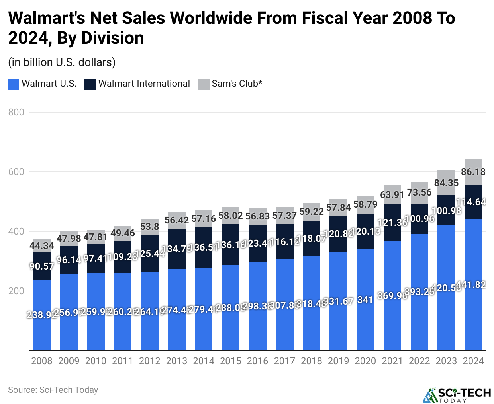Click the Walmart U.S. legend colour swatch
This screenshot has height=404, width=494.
coord(14,84)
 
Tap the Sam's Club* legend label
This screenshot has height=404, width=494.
coord(237,84)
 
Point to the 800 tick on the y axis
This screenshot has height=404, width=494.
coord(16,112)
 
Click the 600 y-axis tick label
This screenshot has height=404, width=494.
coord(16,172)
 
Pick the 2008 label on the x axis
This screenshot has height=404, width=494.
coord(42,361)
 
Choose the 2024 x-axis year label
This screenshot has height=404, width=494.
coord(473,361)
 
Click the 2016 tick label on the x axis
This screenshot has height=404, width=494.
coord(257,361)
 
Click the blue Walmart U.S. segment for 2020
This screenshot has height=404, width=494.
coord(365,318)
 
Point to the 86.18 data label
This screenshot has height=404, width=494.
coord(473,172)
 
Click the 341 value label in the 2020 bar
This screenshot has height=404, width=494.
coord(365,300)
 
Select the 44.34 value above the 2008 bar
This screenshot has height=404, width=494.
coord(42,246)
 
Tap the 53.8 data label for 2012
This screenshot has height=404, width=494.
coord(150,226)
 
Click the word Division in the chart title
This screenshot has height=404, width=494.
coord(113,38)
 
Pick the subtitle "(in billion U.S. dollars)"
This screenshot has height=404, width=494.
coord(62,62)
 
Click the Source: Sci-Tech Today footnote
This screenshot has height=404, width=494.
coord(53,390)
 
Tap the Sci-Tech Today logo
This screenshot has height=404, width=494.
coord(457,395)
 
